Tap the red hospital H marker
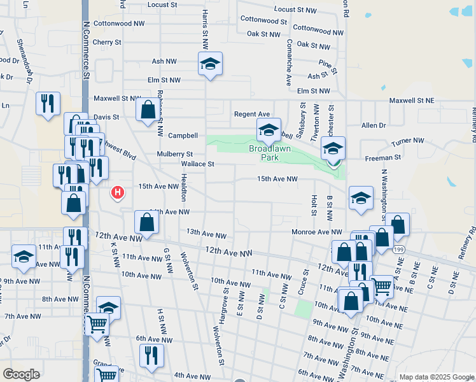(x=117, y=192)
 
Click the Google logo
(x=21, y=374)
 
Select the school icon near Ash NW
(x=210, y=64)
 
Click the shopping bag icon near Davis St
(x=148, y=109)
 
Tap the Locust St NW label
(x=295, y=10)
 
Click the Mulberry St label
(x=175, y=154)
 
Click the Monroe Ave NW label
(x=317, y=232)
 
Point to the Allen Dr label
(x=374, y=126)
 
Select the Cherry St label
(x=106, y=42)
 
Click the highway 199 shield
(x=399, y=251)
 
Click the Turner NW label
(x=409, y=140)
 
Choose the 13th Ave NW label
(x=206, y=234)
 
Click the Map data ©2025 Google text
(x=436, y=377)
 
